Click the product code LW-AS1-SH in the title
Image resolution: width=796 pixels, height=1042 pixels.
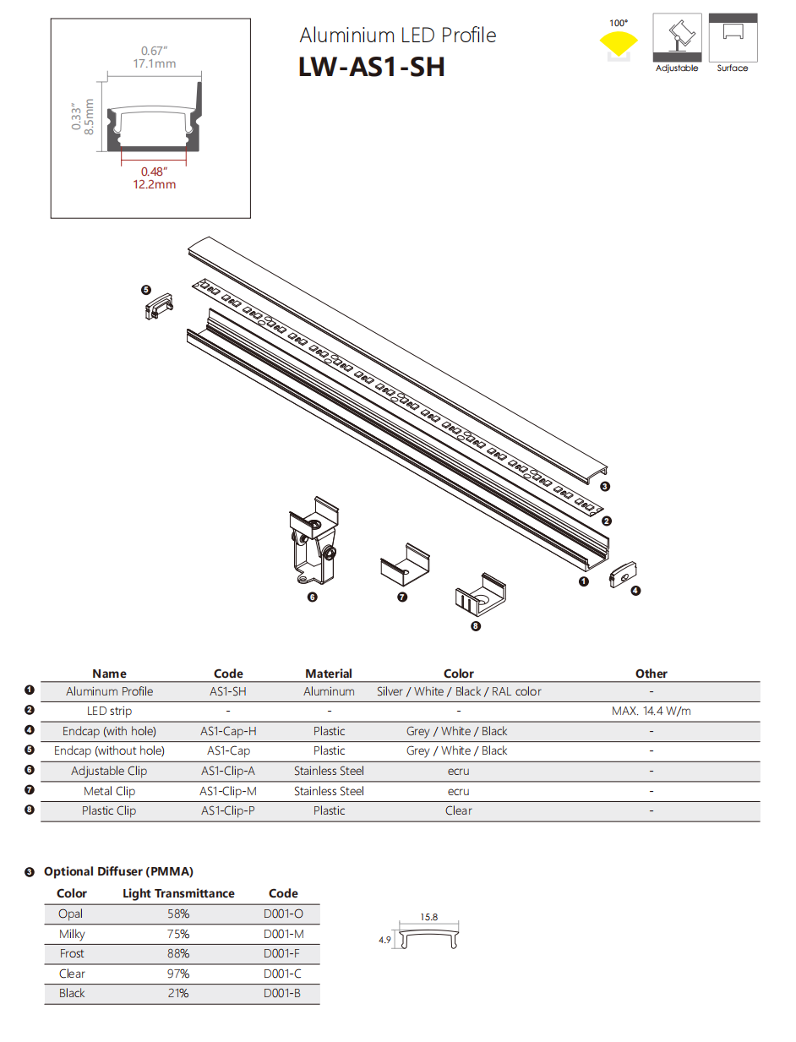(371, 67)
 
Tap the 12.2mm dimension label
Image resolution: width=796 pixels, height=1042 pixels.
(155, 184)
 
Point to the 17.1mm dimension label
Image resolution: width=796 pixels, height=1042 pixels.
(155, 63)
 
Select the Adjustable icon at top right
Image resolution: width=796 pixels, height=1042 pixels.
(677, 37)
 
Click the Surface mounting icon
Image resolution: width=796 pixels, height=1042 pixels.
(733, 37)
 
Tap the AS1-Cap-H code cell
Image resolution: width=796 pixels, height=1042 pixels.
(228, 731)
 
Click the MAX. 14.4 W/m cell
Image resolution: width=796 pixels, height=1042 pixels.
(651, 711)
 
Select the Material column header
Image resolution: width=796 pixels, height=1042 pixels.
(329, 674)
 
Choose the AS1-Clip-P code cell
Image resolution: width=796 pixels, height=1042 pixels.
(228, 810)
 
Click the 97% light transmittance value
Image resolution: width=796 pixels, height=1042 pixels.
(178, 974)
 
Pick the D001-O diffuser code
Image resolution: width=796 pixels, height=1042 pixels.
(283, 914)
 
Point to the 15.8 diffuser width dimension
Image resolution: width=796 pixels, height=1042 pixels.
(428, 917)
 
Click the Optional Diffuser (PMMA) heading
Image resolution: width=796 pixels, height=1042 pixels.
(118, 871)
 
